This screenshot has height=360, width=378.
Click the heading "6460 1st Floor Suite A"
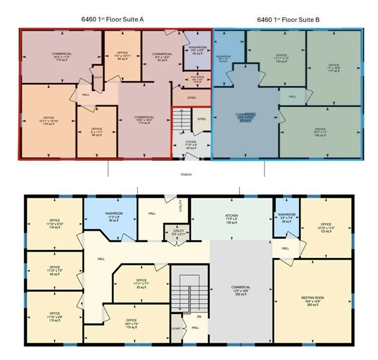112,20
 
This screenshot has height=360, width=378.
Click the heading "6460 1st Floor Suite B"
288,20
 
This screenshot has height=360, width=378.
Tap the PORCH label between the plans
186,175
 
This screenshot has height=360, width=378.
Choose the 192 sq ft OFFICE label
320,132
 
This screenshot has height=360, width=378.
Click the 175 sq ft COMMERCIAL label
62,57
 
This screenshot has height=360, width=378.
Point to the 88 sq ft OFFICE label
97,132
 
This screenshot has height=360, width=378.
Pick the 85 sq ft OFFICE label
55,269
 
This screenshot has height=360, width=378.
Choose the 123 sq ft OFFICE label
326,227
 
